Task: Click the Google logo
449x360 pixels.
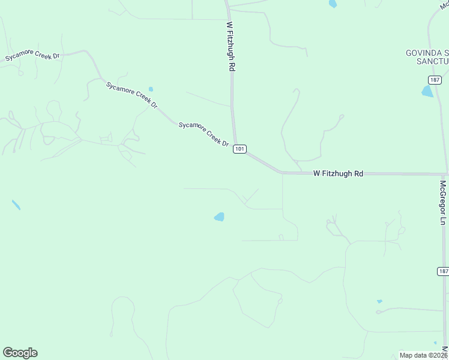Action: pyautogui.click(x=20, y=353)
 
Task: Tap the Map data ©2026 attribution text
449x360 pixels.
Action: pyautogui.click(x=423, y=355)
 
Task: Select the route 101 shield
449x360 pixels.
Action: pyautogui.click(x=240, y=149)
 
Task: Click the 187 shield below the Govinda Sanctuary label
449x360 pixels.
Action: pyautogui.click(x=435, y=80)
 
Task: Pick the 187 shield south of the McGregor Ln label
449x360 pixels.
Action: pyautogui.click(x=443, y=272)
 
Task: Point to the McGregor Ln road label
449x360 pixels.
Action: pyautogui.click(x=443, y=202)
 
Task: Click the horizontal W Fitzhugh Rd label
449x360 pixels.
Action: pyautogui.click(x=338, y=173)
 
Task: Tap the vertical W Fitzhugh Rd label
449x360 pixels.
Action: pyautogui.click(x=230, y=47)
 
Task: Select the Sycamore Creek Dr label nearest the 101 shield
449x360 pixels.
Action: pyautogui.click(x=204, y=134)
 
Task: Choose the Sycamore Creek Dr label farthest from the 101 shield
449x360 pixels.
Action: pyautogui.click(x=33, y=56)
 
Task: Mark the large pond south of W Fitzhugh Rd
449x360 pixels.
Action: pyautogui.click(x=220, y=217)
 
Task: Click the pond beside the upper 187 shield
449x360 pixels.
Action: pyautogui.click(x=427, y=91)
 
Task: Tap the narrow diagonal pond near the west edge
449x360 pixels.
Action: pyautogui.click(x=16, y=205)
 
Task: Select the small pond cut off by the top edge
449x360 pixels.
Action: pyautogui.click(x=333, y=4)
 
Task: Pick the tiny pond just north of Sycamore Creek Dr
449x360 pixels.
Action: pyautogui.click(x=151, y=89)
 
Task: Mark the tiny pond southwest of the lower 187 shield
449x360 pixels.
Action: pyautogui.click(x=379, y=301)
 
